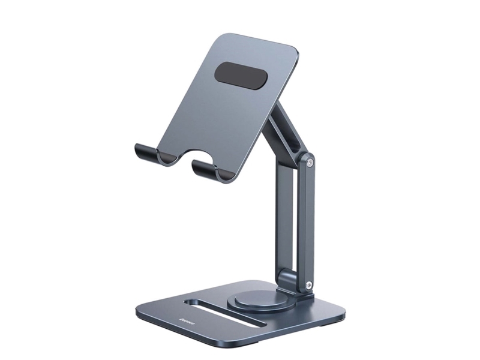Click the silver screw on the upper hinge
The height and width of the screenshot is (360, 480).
pyautogui.click(x=310, y=160)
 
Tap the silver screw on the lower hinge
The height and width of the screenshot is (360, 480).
pyautogui.click(x=309, y=287)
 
